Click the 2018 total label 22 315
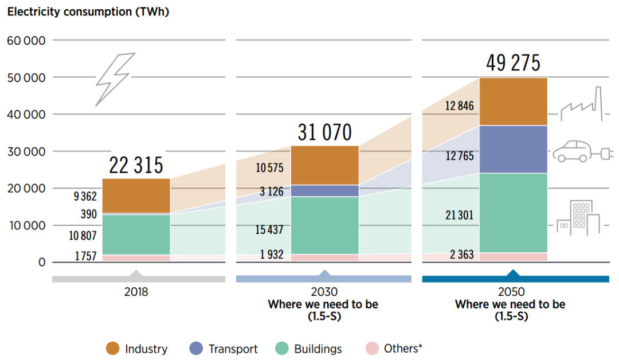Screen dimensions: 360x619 tap(136, 166)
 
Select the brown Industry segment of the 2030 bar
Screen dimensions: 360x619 tap(324, 165)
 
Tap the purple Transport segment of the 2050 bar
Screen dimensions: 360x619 tap(513, 149)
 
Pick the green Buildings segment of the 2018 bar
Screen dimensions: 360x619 tap(136, 234)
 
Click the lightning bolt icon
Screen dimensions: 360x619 tap(115, 79)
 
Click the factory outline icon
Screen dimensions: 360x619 tap(582, 105)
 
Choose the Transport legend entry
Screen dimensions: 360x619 tap(224, 349)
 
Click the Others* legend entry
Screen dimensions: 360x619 tap(394, 349)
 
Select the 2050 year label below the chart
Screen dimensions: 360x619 tap(512, 292)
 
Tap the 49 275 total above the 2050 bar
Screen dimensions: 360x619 tap(512, 63)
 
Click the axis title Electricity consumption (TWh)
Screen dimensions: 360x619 tap(88, 11)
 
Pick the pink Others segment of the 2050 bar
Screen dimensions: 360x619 tap(513, 257)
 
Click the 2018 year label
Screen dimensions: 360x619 tap(136, 292)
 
